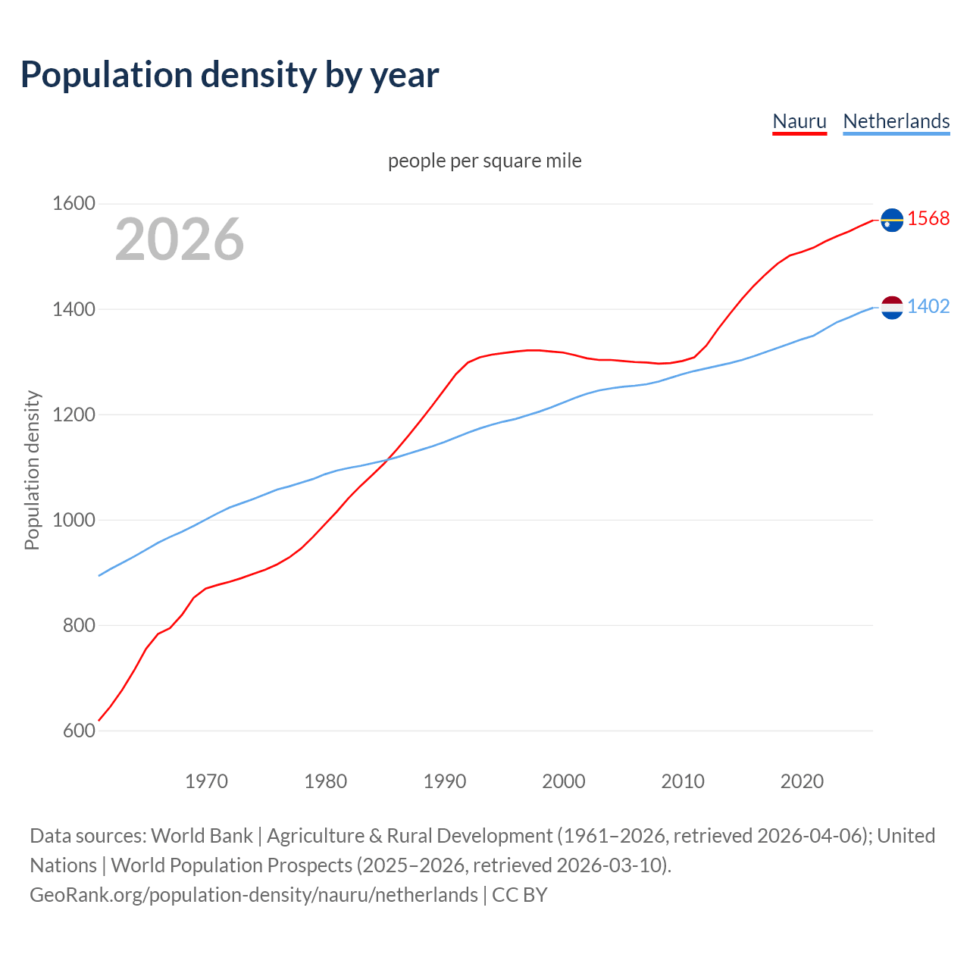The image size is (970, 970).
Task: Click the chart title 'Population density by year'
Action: [230, 75]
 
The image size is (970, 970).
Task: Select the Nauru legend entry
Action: [799, 121]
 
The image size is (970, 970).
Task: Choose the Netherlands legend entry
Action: [896, 121]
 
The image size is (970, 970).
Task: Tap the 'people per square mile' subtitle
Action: [485, 161]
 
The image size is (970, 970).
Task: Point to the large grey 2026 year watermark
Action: [180, 239]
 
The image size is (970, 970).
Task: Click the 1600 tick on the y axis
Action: [74, 204]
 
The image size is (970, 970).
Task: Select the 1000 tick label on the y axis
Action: [74, 521]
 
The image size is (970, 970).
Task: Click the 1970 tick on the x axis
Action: [206, 781]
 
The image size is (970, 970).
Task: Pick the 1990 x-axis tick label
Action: [445, 781]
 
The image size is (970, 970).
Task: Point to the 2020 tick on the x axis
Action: [802, 781]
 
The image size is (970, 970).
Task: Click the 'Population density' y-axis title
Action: [32, 470]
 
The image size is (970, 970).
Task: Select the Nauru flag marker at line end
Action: [892, 220]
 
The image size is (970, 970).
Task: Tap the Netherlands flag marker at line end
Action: [892, 307]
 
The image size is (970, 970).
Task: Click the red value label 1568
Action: [928, 219]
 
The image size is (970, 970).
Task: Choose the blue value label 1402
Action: [928, 307]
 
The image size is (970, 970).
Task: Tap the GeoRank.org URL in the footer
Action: [254, 895]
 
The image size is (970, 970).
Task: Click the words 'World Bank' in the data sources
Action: [202, 836]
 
